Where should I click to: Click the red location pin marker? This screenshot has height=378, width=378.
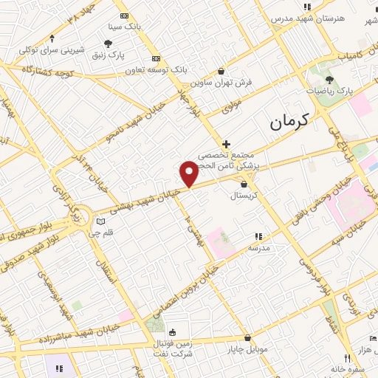click(x=189, y=173)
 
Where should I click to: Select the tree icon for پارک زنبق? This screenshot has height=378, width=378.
click(x=109, y=44)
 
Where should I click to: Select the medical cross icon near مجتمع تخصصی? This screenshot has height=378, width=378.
click(x=226, y=143)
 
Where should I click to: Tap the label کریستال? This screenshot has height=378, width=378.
click(x=244, y=196)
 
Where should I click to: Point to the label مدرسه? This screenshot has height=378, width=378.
click(x=258, y=248)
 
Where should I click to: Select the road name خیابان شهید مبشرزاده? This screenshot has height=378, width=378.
click(x=63, y=340)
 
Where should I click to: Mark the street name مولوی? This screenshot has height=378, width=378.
click(x=233, y=106)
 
